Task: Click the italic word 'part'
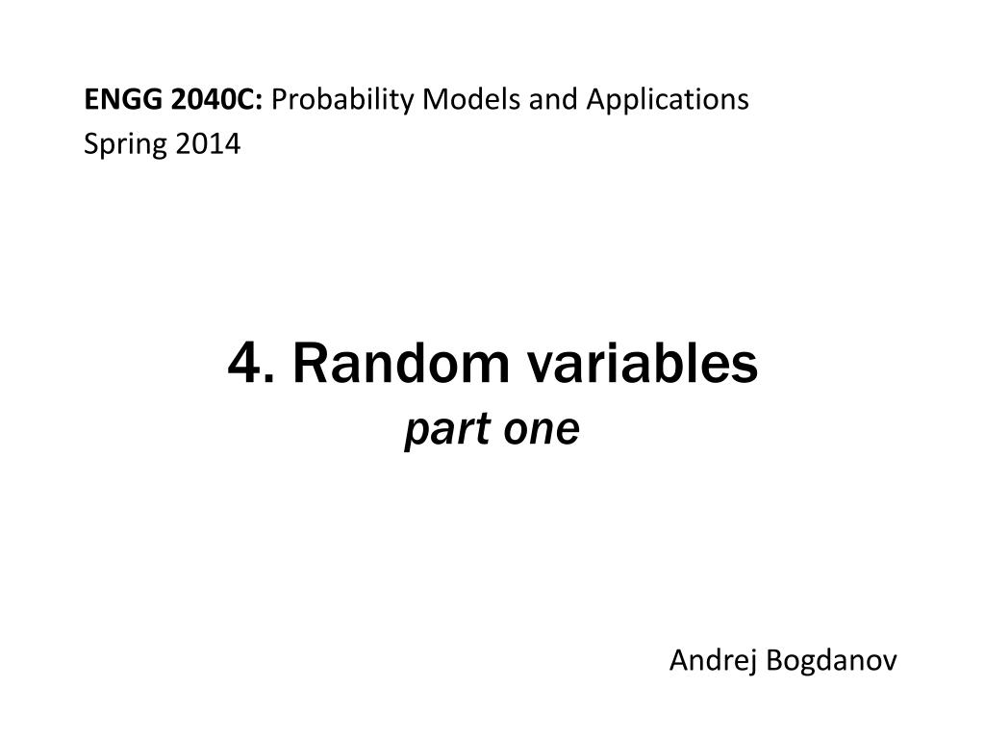(x=440, y=430)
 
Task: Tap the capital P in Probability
(x=282, y=99)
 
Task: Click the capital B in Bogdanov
(x=772, y=661)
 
